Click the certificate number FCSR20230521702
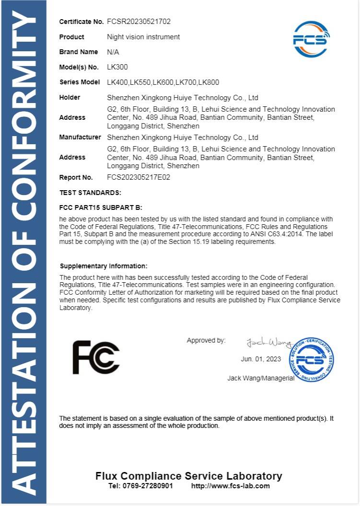point(139,22)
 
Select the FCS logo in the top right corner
point(312,39)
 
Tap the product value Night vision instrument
point(143,37)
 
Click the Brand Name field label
point(79,52)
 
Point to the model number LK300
point(117,67)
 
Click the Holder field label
point(70,97)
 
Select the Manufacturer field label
point(80,138)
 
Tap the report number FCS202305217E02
point(139,177)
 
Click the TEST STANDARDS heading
point(90,193)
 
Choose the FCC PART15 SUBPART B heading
point(101,208)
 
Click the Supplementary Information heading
point(104,266)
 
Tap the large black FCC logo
point(96,357)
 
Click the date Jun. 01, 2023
point(260,359)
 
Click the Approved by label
point(206,341)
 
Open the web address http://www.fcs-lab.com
point(230,486)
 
